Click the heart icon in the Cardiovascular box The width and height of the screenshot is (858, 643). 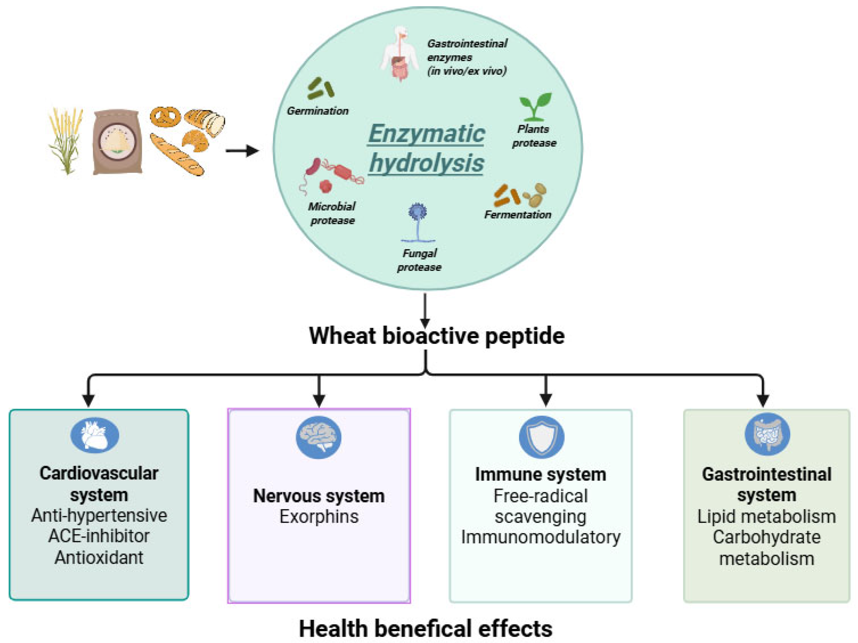(x=95, y=435)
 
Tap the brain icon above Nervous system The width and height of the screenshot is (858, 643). (x=319, y=437)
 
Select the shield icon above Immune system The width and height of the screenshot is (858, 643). (x=541, y=437)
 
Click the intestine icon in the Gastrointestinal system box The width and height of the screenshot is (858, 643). (x=767, y=434)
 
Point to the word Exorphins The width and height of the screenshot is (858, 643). (x=319, y=516)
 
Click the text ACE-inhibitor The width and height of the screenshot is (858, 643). (x=99, y=536)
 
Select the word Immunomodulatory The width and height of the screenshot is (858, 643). (x=541, y=537)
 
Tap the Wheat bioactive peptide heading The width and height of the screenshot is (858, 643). (x=436, y=336)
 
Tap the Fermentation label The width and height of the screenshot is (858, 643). (x=517, y=214)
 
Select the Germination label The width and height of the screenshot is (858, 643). (x=318, y=111)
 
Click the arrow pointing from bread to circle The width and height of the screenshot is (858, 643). (x=242, y=151)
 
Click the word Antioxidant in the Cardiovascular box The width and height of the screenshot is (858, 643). (x=99, y=557)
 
